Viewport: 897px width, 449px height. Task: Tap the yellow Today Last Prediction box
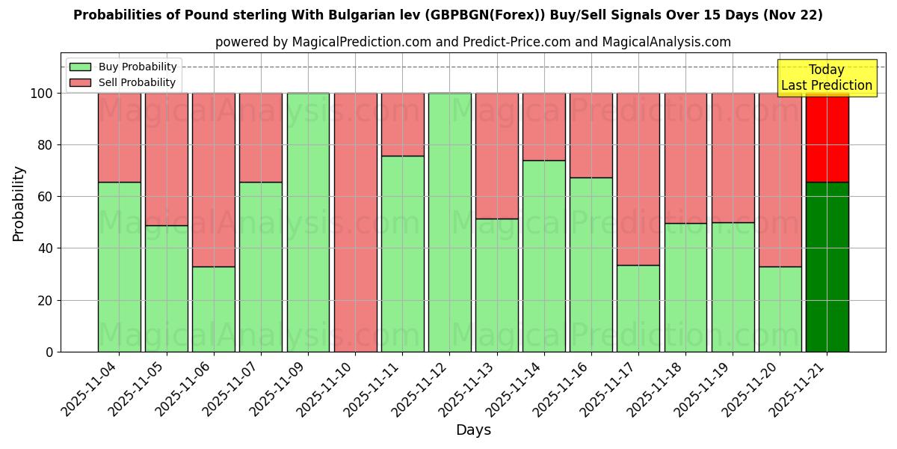pyautogui.click(x=827, y=78)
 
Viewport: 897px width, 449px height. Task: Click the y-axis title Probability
pyautogui.click(x=19, y=204)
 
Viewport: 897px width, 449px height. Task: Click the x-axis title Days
pyautogui.click(x=473, y=430)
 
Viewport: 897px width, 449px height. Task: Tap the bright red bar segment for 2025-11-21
pyautogui.click(x=827, y=138)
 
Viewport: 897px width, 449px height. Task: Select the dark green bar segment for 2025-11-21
pyautogui.click(x=827, y=266)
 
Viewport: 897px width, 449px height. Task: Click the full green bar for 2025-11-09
pyautogui.click(x=308, y=222)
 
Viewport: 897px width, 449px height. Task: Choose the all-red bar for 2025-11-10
pyautogui.click(x=355, y=222)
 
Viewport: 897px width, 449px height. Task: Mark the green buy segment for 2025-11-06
pyautogui.click(x=214, y=309)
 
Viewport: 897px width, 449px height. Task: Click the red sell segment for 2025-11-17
pyautogui.click(x=638, y=179)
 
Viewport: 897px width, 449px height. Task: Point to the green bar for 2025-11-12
pyautogui.click(x=449, y=222)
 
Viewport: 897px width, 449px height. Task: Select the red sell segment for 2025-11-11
pyautogui.click(x=402, y=124)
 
